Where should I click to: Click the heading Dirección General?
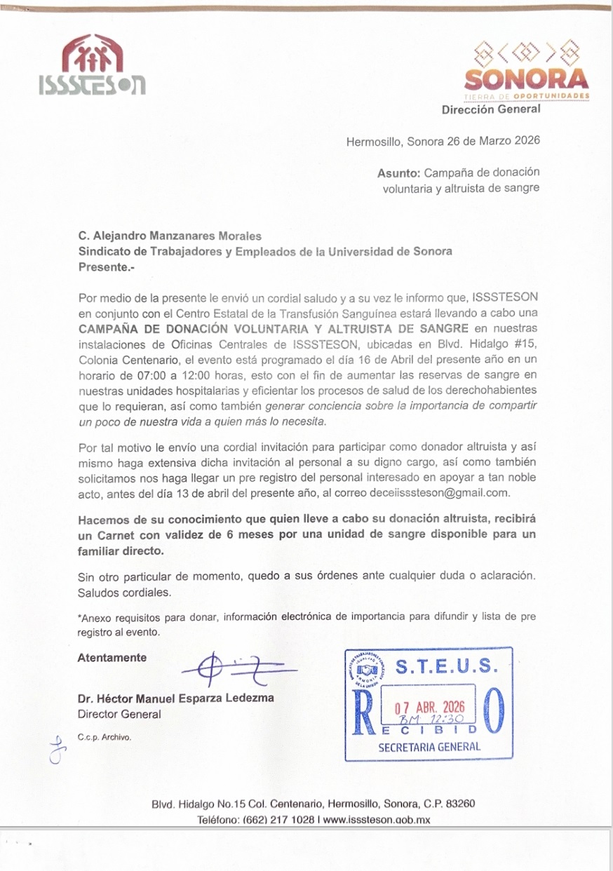click(491, 109)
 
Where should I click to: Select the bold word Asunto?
click(398, 172)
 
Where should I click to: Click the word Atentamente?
click(112, 658)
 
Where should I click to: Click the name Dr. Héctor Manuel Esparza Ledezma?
click(175, 698)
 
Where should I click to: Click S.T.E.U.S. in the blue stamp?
click(447, 666)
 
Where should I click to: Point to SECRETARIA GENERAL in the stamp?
click(429, 746)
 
